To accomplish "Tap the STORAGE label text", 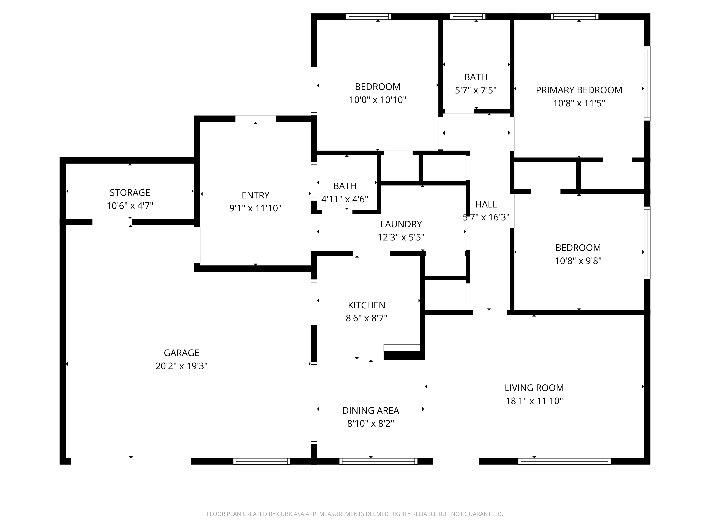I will pyautogui.click(x=130, y=192).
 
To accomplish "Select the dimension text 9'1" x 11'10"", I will pyautogui.click(x=255, y=208).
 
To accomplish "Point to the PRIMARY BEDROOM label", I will pyautogui.click(x=579, y=90).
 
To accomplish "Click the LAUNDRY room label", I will pyautogui.click(x=401, y=224).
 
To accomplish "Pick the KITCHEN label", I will pyautogui.click(x=366, y=305).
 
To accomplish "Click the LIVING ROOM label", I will pyautogui.click(x=534, y=388).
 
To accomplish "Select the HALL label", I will pyautogui.click(x=486, y=204).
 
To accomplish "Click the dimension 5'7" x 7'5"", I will pyautogui.click(x=476, y=90).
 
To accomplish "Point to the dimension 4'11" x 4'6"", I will pyautogui.click(x=345, y=199).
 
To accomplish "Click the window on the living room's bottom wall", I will pyautogui.click(x=564, y=461).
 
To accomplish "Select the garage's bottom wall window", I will pyautogui.click(x=262, y=461).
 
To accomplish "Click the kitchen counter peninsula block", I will pyautogui.click(x=404, y=355).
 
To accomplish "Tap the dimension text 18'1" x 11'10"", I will pyautogui.click(x=534, y=401).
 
